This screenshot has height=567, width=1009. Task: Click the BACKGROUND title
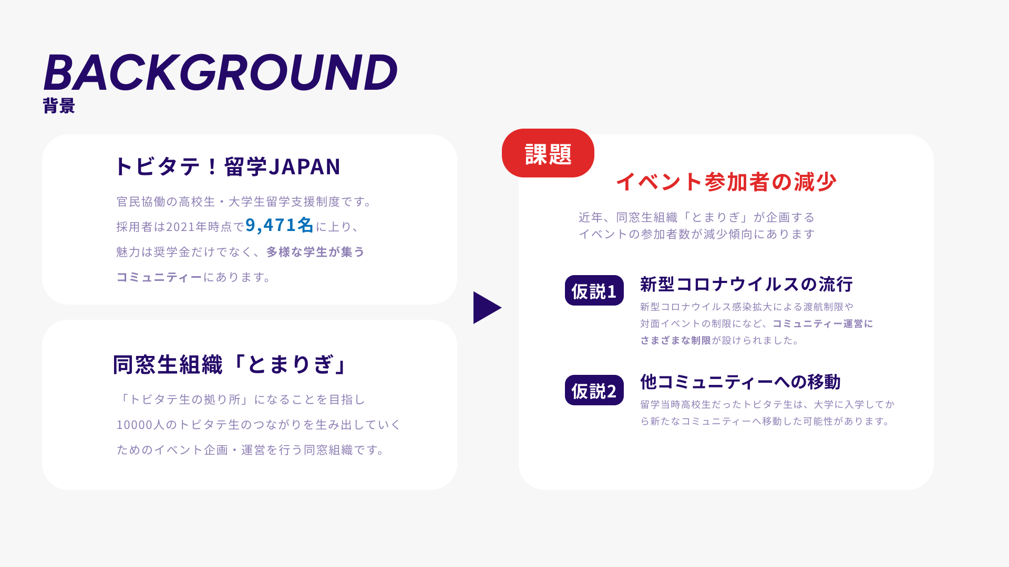(x=220, y=72)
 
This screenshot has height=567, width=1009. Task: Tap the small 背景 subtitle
(x=59, y=106)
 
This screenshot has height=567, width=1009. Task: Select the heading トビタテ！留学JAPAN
(x=228, y=166)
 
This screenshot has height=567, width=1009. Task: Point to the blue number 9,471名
(x=279, y=225)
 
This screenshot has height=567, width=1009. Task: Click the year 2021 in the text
(x=180, y=227)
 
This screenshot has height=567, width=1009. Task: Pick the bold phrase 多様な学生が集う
(x=315, y=252)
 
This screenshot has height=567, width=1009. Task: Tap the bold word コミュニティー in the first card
(x=159, y=277)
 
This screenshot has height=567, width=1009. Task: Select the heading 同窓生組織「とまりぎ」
(x=230, y=364)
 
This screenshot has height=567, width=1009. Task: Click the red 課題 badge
(x=548, y=153)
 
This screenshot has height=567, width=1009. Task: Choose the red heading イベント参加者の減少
(x=726, y=182)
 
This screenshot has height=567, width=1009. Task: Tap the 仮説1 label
(x=594, y=290)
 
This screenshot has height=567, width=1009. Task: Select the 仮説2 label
(x=594, y=390)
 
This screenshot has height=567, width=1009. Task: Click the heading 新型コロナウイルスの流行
(x=746, y=284)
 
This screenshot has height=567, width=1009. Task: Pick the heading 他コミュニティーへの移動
(x=740, y=382)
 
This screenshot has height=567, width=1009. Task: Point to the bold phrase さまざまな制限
(x=676, y=340)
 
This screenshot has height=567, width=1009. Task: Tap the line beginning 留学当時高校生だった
(x=767, y=404)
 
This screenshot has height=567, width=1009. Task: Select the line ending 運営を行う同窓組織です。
(x=251, y=450)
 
